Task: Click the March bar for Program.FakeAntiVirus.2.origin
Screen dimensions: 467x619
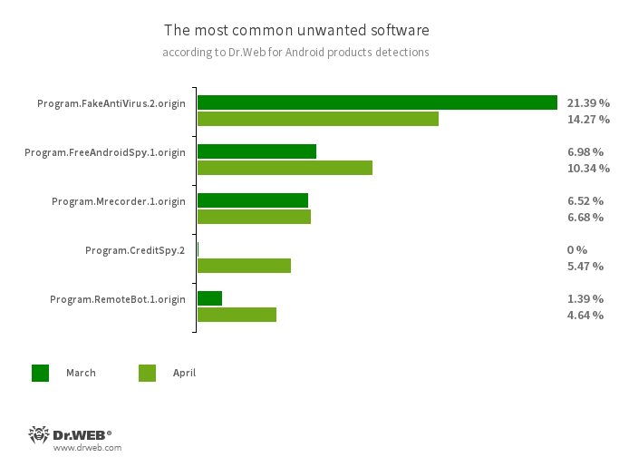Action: (377, 102)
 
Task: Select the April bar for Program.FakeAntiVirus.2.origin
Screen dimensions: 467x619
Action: (317, 119)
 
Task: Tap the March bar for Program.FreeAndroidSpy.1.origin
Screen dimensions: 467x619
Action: (256, 151)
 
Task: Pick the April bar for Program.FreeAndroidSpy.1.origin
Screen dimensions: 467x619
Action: (285, 168)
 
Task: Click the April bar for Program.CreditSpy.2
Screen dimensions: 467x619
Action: (244, 266)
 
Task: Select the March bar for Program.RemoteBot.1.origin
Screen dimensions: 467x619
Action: (209, 298)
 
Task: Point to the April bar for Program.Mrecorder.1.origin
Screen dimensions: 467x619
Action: (254, 217)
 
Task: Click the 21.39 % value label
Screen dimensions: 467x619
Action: (588, 103)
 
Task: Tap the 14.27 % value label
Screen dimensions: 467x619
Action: (588, 120)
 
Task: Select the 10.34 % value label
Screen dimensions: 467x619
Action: (588, 169)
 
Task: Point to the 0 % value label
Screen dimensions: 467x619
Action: (577, 250)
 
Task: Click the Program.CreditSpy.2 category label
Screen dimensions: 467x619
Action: (135, 250)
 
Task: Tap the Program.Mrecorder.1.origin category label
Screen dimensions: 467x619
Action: (119, 201)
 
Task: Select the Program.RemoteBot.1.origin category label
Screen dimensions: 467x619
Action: (118, 299)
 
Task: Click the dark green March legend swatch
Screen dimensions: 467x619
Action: (41, 373)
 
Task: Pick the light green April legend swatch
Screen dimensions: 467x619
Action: (147, 373)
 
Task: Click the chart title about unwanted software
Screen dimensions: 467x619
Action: (296, 30)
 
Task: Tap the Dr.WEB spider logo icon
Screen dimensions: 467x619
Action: (38, 435)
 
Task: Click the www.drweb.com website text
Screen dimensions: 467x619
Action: (87, 448)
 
